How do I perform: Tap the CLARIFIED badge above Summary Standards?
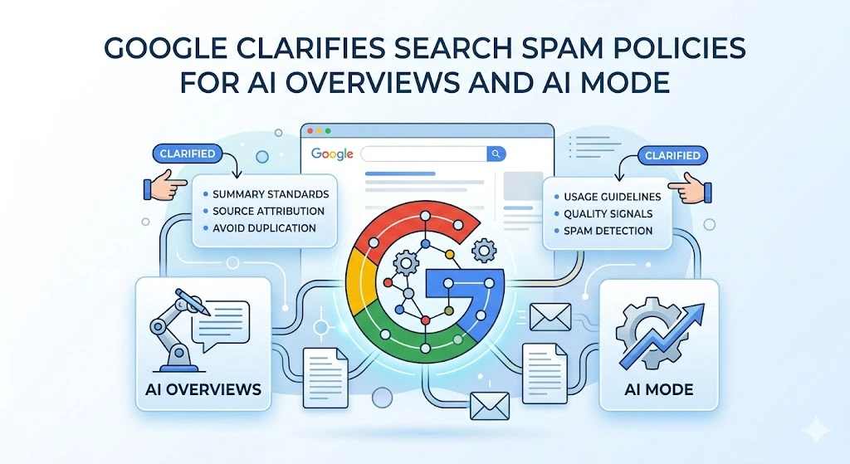pos(188,154)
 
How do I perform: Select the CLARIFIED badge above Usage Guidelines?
pos(672,155)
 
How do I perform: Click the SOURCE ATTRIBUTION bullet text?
pos(268,211)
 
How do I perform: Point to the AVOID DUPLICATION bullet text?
pos(264,228)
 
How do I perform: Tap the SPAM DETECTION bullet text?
pos(608,231)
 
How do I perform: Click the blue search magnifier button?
pos(496,154)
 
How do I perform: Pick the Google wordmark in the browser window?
pos(332,154)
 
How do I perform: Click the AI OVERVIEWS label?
pos(203,389)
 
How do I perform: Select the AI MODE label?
pos(658,389)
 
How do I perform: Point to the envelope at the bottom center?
pos(490,406)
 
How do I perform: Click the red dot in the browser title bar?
pos(310,131)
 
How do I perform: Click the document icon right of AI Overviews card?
pos(325,378)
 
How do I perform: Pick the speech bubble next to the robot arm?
pos(222,325)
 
